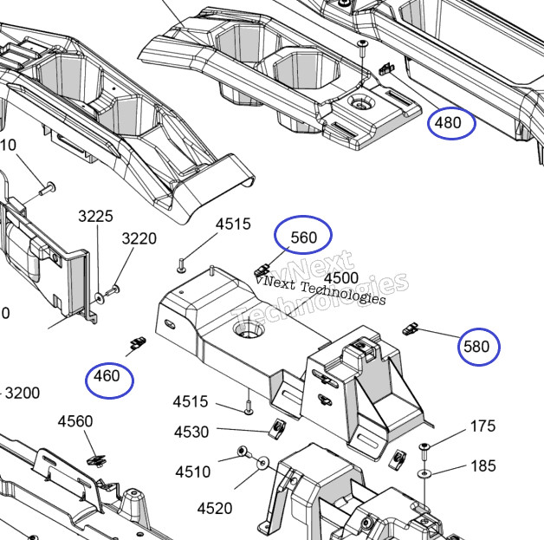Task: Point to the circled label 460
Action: coord(109,377)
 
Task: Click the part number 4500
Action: coord(340,277)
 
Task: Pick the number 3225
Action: coord(95,216)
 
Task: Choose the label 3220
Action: coord(139,238)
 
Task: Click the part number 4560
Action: coord(75,421)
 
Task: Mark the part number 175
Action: coord(482,426)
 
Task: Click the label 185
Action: coord(482,466)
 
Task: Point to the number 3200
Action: coord(23,393)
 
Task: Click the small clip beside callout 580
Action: coord(411,328)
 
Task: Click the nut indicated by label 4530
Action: coord(278,425)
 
